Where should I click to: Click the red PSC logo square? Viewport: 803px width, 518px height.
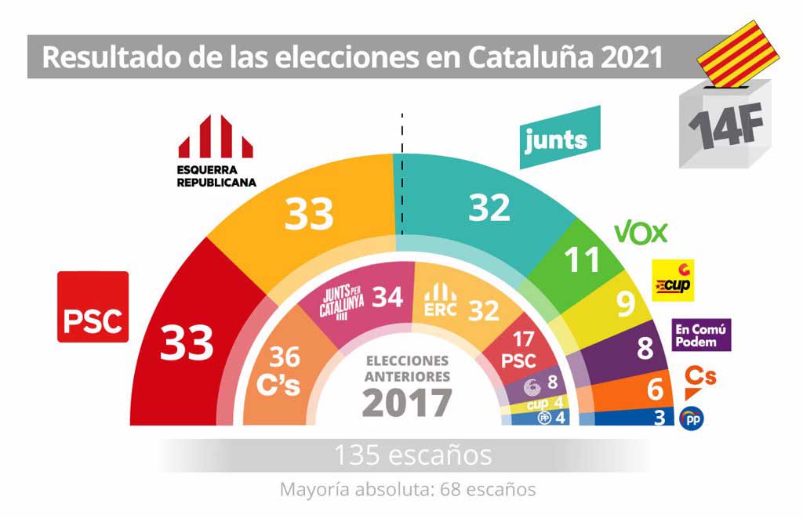pos(93,306)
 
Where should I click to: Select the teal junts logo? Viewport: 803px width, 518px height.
pos(560,139)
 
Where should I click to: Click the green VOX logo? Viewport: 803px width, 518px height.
pos(641,232)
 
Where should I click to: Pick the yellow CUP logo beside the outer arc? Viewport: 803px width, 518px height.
pos(673,281)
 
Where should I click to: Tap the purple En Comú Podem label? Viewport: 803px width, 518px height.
pos(701,335)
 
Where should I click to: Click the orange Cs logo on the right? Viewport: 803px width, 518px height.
pos(700,377)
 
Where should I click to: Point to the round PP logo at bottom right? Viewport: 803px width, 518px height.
pos(691,418)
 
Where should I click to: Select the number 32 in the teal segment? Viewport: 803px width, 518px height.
pos(489,207)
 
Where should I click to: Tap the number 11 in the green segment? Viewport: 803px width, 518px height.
pos(583,260)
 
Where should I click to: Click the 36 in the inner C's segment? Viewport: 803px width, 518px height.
pos(285,357)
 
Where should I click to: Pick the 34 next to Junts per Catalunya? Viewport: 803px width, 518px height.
pos(387,298)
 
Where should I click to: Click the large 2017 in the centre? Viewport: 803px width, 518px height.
pos(407,404)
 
